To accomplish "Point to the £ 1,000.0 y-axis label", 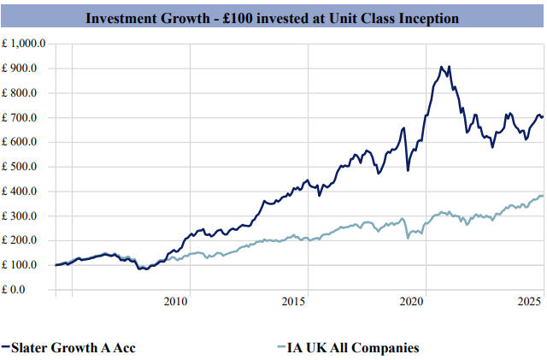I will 25,44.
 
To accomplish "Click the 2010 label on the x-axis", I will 176,302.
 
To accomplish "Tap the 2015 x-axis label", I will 294,302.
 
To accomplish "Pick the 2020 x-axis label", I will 413,302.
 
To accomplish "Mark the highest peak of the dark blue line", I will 441,66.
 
